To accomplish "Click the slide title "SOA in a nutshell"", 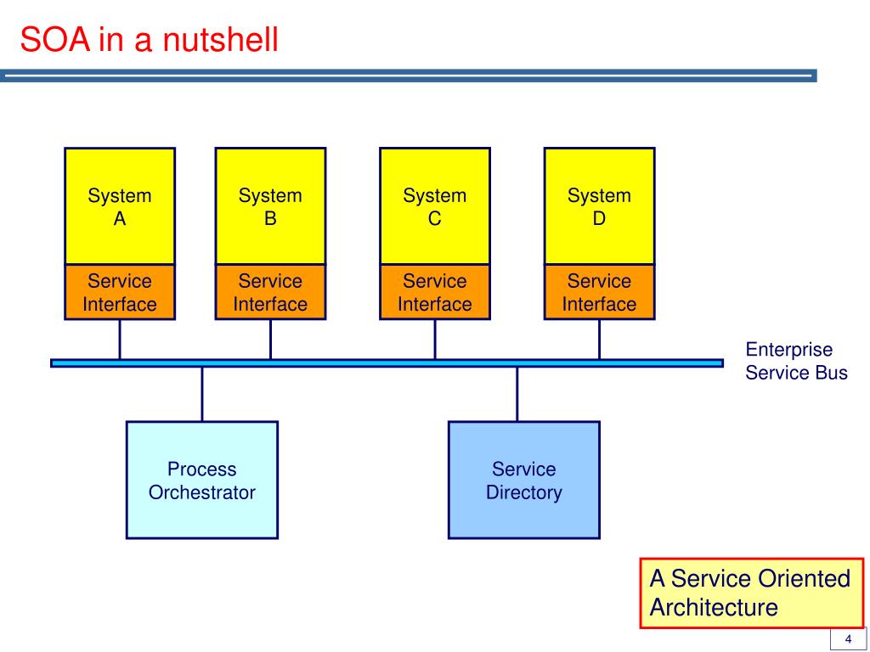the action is pyautogui.click(x=149, y=40).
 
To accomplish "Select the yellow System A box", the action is pyautogui.click(x=120, y=205).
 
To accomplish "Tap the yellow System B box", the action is pyautogui.click(x=270, y=205).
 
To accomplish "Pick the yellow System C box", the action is pyautogui.click(x=435, y=205).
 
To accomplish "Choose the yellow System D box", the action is pyautogui.click(x=599, y=205).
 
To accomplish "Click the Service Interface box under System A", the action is pyautogui.click(x=120, y=292).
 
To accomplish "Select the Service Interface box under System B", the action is pyautogui.click(x=270, y=292).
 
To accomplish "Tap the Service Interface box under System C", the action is pyautogui.click(x=435, y=292).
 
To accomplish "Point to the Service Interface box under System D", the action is pyautogui.click(x=599, y=292).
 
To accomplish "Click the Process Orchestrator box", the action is pyautogui.click(x=202, y=481).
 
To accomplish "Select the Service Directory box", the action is pyautogui.click(x=523, y=481).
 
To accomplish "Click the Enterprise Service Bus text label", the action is pyautogui.click(x=796, y=361).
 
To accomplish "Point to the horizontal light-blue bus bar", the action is pyautogui.click(x=387, y=363).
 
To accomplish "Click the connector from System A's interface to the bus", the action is pyautogui.click(x=120, y=340).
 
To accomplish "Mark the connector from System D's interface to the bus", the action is pyautogui.click(x=599, y=340).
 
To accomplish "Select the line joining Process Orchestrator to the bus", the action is pyautogui.click(x=202, y=394).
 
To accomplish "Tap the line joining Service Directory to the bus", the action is pyautogui.click(x=517, y=394).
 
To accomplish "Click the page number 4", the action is pyautogui.click(x=848, y=639).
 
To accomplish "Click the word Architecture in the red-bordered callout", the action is pyautogui.click(x=714, y=608).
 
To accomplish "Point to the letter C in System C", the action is pyautogui.click(x=435, y=218).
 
